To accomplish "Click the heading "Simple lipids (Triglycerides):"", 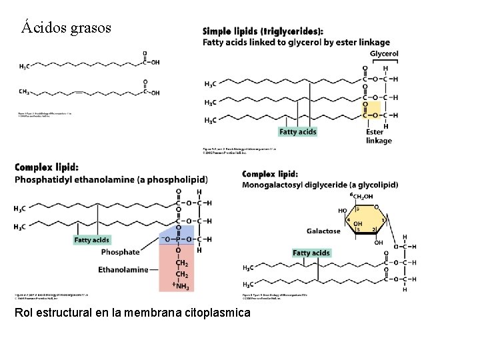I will point(264,31).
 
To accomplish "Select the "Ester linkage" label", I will point(379,136).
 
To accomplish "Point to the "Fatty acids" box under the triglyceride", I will point(297,132).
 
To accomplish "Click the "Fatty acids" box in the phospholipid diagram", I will point(91,239).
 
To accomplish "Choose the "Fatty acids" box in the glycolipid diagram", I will point(311,253).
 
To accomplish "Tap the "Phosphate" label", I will point(120,252).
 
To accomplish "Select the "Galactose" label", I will point(323,231).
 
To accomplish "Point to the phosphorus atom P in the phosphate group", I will point(179,239).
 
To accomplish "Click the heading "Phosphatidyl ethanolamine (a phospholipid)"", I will point(111,179).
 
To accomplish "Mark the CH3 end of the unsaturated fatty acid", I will point(24,92).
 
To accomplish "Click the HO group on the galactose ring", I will point(343,210).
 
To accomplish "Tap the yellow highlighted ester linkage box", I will point(371,109).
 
